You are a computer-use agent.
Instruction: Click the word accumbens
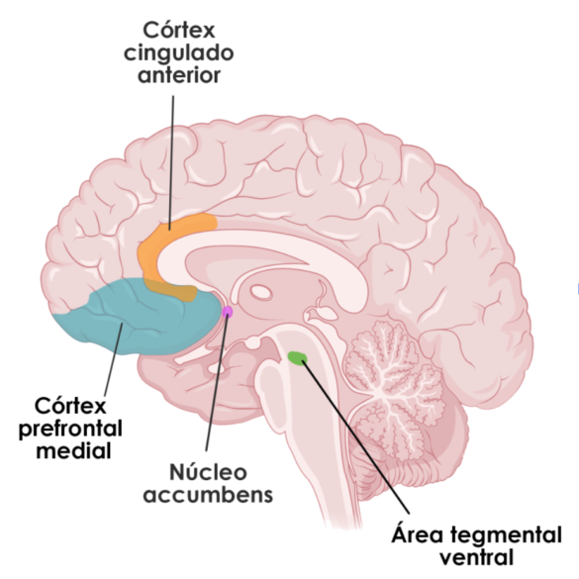click(x=208, y=494)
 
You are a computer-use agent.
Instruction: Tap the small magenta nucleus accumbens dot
click(x=228, y=312)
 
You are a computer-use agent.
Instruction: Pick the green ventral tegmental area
click(x=296, y=356)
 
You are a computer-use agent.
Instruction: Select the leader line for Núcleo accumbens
click(x=217, y=386)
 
